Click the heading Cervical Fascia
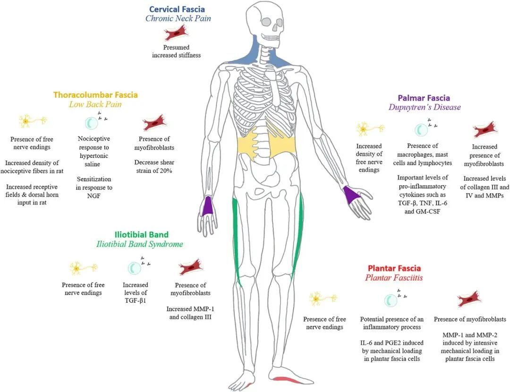[x=177, y=9]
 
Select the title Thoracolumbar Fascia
[x=95, y=95]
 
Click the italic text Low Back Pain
[x=96, y=104]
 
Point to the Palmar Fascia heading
[x=423, y=98]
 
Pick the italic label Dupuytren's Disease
[x=425, y=107]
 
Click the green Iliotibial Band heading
[x=141, y=235]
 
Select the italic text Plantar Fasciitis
[x=394, y=278]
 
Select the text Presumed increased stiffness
[x=176, y=51]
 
